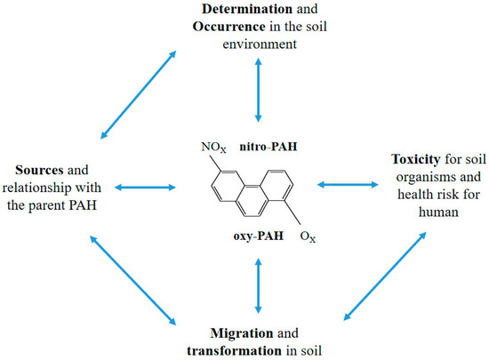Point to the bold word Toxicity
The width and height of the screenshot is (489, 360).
pyautogui.click(x=390, y=160)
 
